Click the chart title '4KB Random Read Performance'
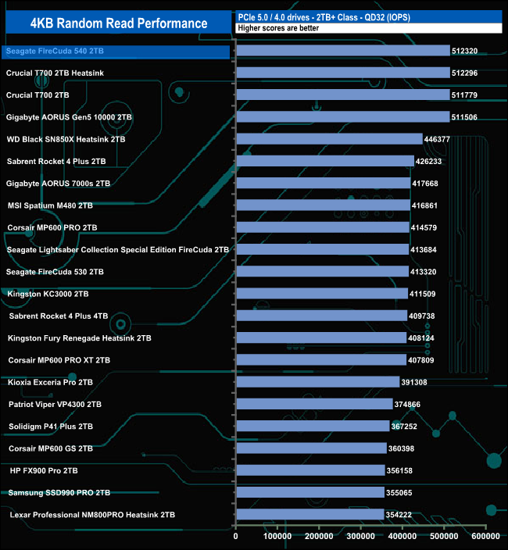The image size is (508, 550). (119, 23)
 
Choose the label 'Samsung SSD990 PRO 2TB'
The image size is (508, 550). (59, 493)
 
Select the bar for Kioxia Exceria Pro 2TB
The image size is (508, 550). (317, 382)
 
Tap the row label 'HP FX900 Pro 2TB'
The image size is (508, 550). (44, 471)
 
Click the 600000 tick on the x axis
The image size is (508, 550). (485, 537)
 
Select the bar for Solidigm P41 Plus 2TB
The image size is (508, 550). (313, 427)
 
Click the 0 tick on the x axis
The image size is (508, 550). (236, 537)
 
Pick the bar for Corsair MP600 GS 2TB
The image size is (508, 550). (311, 448)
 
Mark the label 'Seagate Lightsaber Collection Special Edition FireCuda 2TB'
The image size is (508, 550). (118, 250)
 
